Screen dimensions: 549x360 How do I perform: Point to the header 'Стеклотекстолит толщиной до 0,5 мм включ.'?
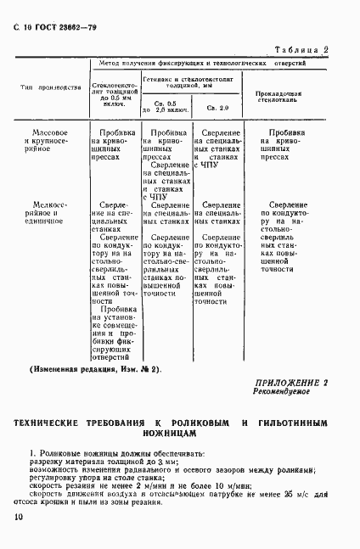pos(115,95)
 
